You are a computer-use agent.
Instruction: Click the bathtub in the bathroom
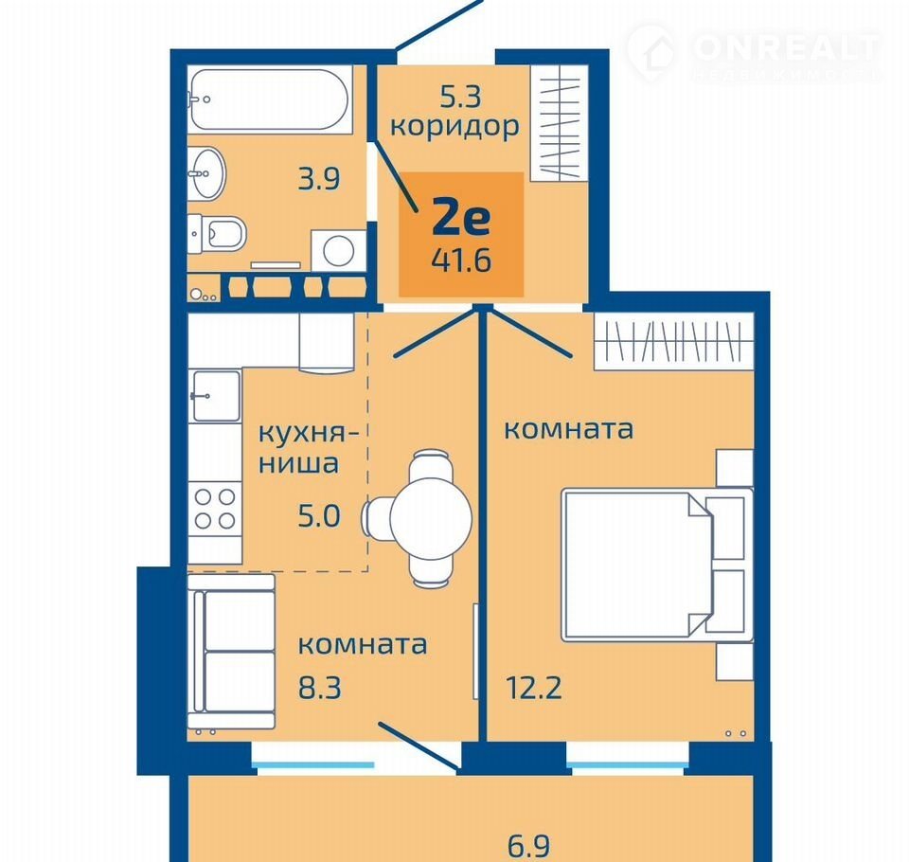(270, 99)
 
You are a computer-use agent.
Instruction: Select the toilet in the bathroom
(217, 233)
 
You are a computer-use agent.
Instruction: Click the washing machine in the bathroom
(339, 251)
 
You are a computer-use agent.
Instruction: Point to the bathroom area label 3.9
(318, 179)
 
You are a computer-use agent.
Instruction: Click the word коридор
(454, 127)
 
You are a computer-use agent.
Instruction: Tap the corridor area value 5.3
(460, 97)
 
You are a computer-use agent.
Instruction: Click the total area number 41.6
(461, 260)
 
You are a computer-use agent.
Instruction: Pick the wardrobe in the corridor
(560, 122)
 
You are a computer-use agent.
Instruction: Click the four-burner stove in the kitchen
(215, 509)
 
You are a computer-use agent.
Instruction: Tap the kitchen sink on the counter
(215, 396)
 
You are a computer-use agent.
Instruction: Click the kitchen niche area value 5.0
(319, 515)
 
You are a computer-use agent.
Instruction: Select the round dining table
(431, 518)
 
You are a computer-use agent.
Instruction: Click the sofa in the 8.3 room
(231, 652)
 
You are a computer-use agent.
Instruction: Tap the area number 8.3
(319, 688)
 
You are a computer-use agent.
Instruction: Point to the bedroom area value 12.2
(534, 688)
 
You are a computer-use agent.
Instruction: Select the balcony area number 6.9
(528, 846)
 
